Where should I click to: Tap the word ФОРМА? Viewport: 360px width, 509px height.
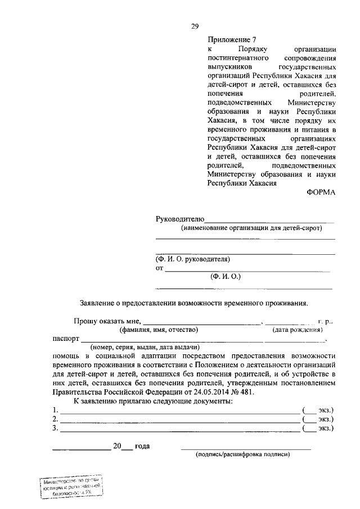(x=321, y=192)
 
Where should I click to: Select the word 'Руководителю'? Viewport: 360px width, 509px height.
(x=179, y=218)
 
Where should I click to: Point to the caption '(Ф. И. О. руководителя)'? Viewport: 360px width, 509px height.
(x=193, y=259)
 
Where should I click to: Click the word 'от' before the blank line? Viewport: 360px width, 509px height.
(x=159, y=268)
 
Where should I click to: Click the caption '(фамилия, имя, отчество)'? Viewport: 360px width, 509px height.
(x=163, y=331)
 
